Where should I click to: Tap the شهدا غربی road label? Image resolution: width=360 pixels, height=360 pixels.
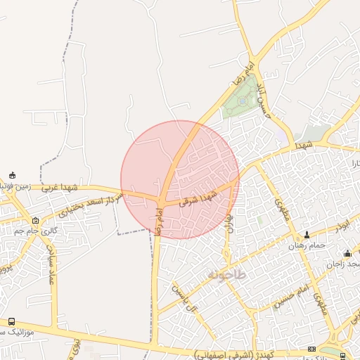point(59,188)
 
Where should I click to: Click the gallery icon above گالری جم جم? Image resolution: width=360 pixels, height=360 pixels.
point(35,220)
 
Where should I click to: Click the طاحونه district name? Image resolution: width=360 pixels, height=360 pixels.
point(226,274)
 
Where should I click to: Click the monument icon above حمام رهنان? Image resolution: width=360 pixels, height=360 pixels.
point(307,235)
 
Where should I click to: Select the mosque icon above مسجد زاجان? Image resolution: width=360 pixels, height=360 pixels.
point(347,254)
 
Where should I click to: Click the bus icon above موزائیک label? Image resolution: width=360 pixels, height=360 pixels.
point(12,321)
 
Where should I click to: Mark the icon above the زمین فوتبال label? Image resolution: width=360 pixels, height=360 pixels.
point(12,175)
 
